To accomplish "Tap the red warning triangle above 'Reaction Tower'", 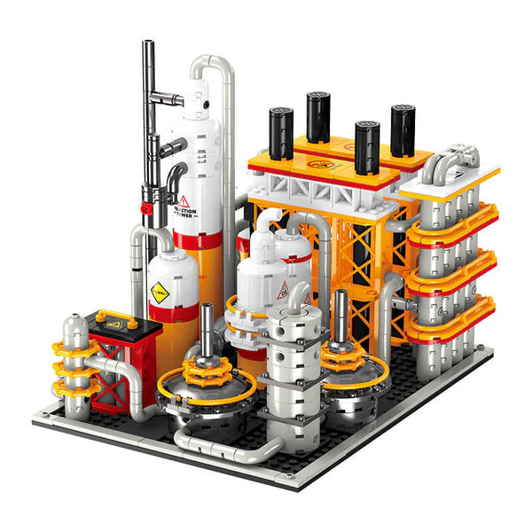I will [x=184, y=200].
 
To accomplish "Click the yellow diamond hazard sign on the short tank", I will [x=159, y=290].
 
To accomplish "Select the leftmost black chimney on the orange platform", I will [x=281, y=133].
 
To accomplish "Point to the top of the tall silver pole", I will [x=148, y=44].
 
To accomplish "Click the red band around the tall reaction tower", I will [x=197, y=239].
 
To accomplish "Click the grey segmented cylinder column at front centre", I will [x=296, y=372].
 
